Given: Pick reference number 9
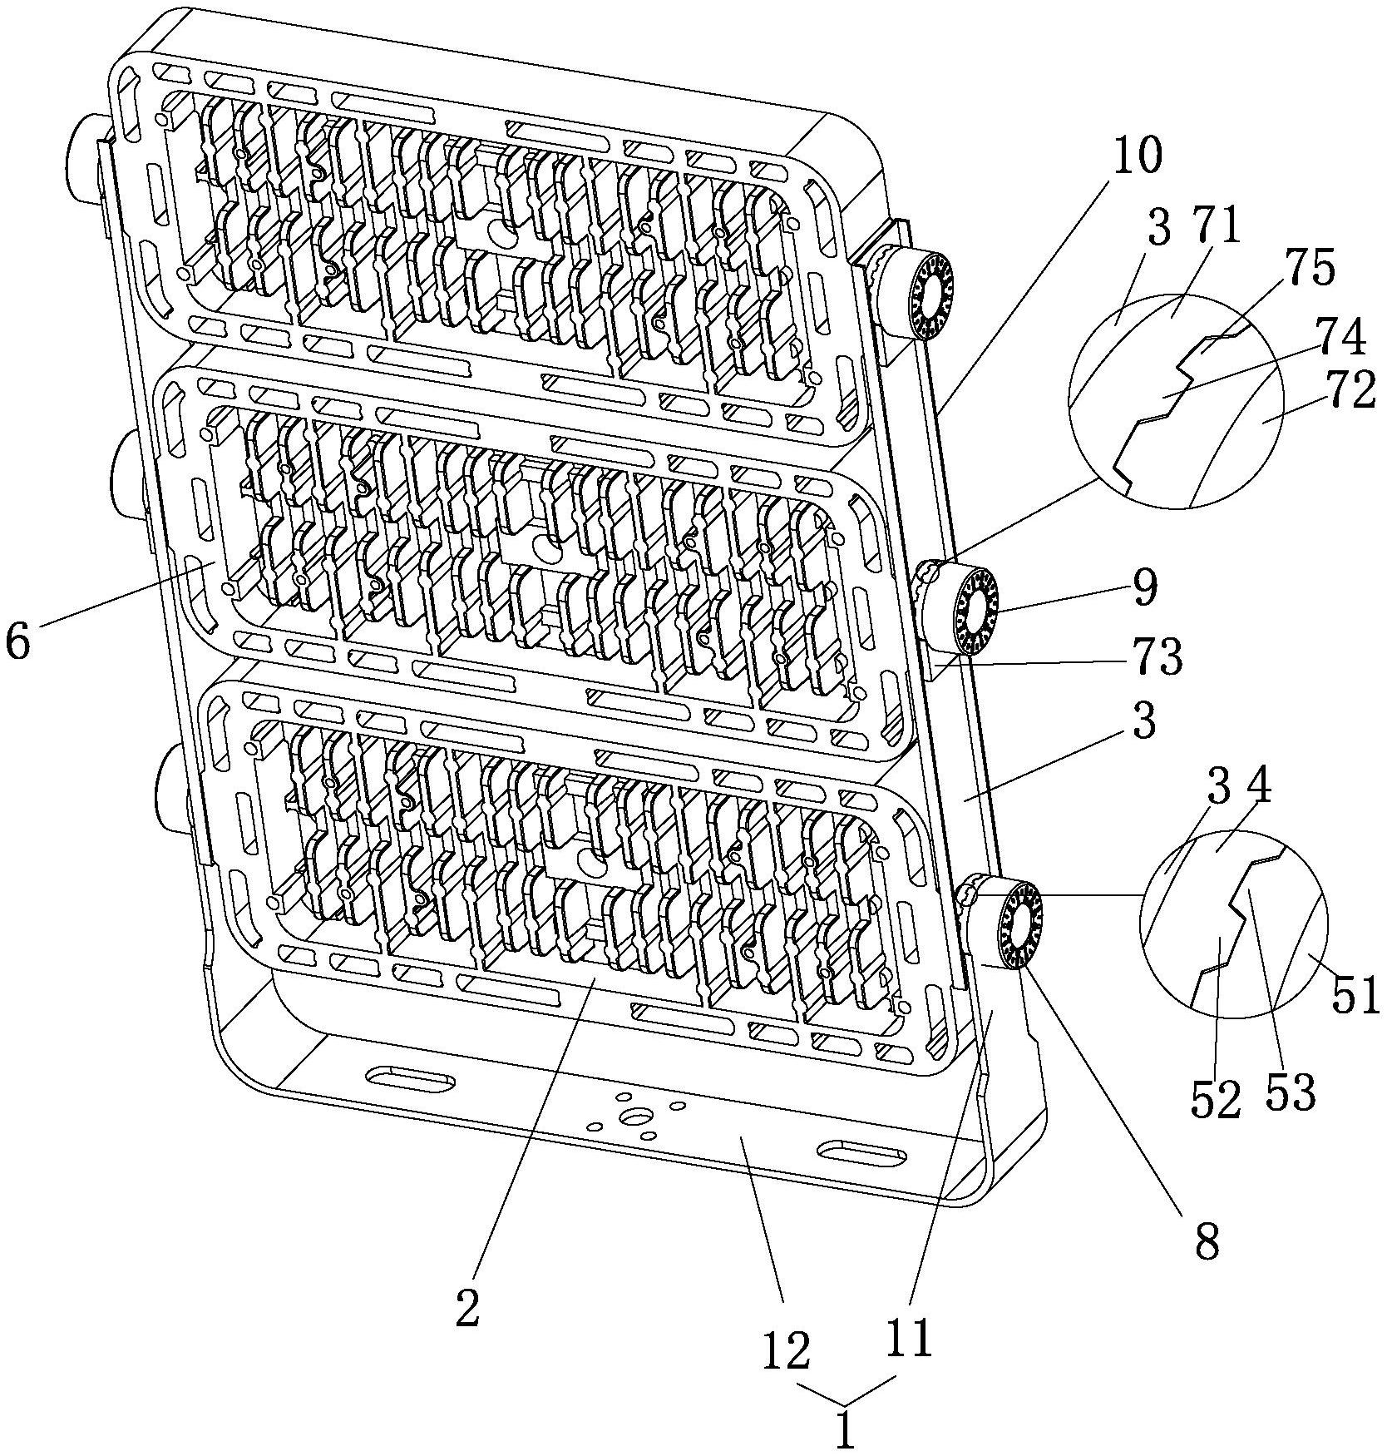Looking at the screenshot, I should [1144, 587].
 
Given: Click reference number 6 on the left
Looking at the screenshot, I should [18, 641].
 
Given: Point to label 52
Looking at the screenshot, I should [1215, 1097].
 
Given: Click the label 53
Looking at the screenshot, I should [1290, 1092].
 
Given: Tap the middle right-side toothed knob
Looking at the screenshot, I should [973, 610].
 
